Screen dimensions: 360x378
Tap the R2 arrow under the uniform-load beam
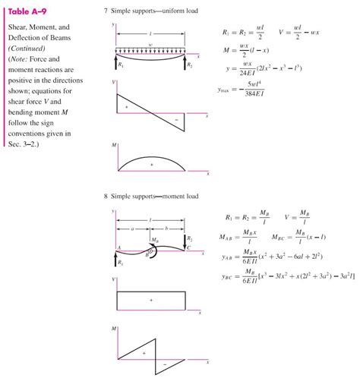[x=186, y=61]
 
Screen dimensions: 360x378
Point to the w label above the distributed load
[x=151, y=45]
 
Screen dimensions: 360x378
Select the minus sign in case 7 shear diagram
[x=175, y=119]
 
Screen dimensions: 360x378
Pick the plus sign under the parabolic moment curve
[x=151, y=164]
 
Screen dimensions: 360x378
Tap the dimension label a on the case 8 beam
[x=133, y=228]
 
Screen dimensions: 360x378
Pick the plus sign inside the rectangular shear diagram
[x=151, y=301]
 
